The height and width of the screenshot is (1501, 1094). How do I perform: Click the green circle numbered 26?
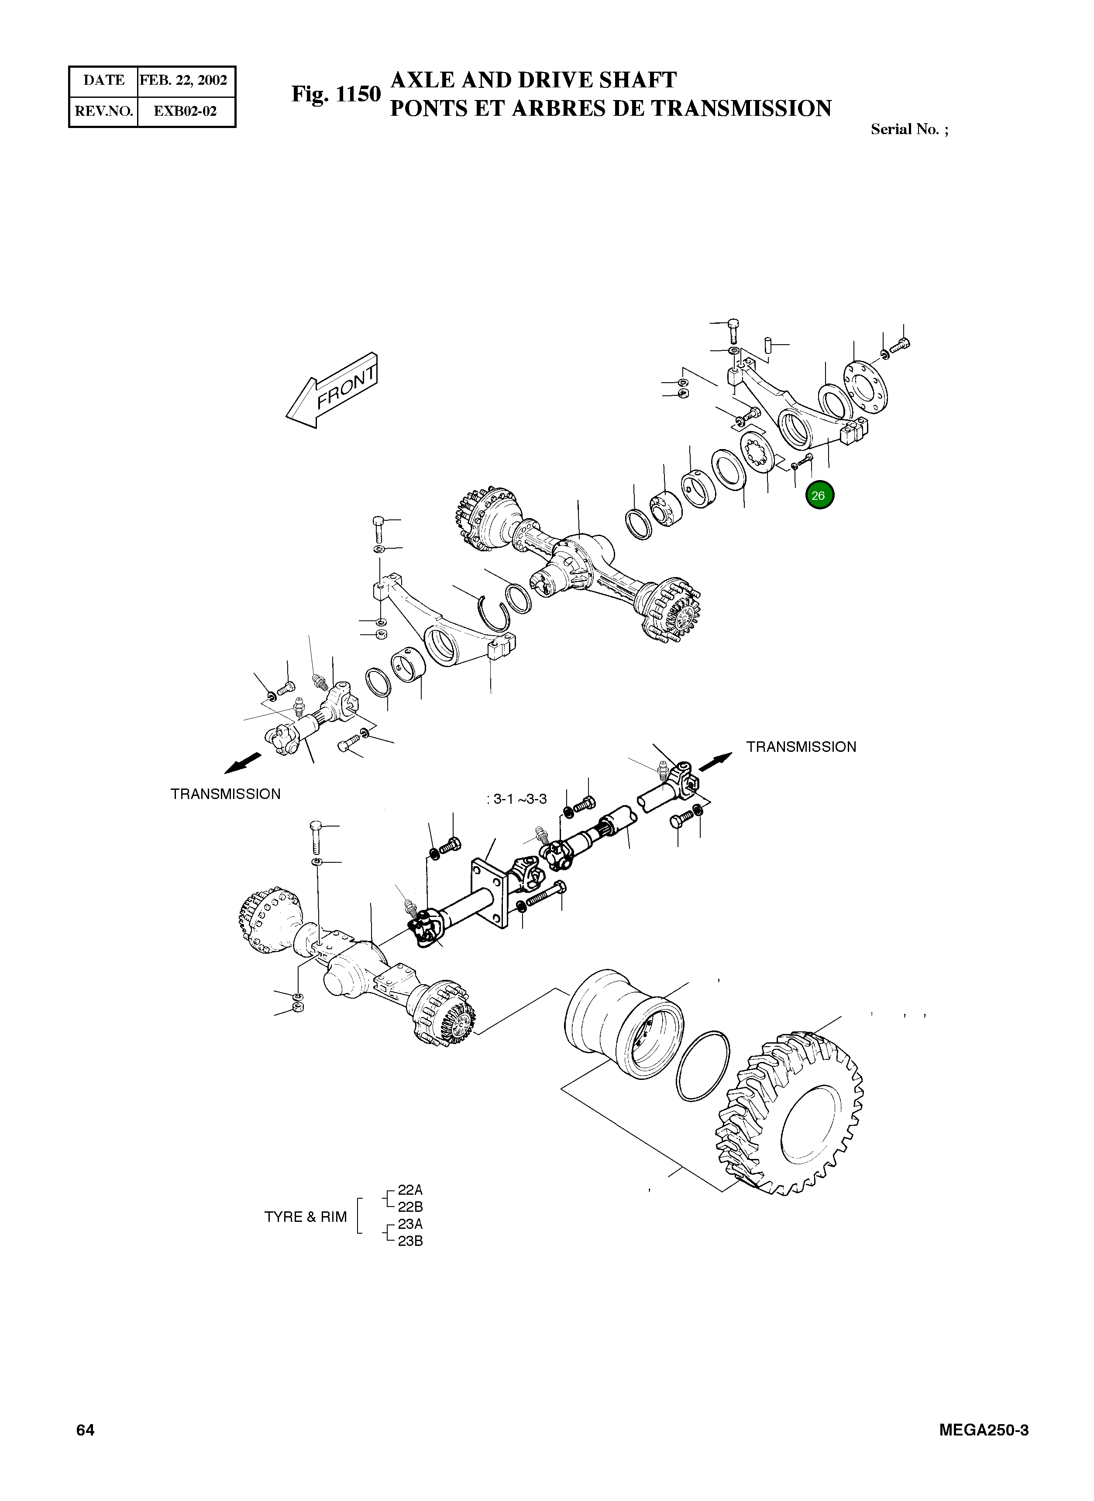[819, 495]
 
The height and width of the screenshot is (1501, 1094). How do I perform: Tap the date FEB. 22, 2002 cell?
[183, 80]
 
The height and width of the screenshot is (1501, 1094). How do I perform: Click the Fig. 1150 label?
[336, 94]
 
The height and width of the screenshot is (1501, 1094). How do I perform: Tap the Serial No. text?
[908, 130]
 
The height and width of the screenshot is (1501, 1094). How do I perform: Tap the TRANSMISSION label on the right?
[801, 747]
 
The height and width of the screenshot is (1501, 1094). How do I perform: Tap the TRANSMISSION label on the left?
[225, 794]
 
